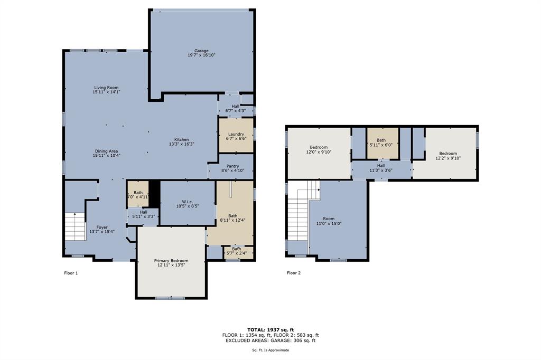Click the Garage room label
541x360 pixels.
tap(201, 51)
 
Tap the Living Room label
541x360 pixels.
tap(106, 88)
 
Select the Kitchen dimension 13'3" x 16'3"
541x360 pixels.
tap(182, 144)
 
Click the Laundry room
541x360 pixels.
tap(236, 136)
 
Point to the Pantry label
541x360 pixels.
tap(232, 166)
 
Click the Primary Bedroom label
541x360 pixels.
tap(171, 261)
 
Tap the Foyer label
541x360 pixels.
tap(101, 228)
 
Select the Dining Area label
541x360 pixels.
tap(106, 151)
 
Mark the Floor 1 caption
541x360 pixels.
tap(70, 273)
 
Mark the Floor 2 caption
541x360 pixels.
tap(293, 273)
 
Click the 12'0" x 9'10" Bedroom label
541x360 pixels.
tap(319, 147)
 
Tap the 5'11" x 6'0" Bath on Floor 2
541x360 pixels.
tap(381, 143)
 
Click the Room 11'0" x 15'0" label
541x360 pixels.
tap(329, 219)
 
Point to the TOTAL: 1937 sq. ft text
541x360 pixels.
tap(270, 329)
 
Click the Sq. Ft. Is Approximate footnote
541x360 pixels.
tap(270, 350)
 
